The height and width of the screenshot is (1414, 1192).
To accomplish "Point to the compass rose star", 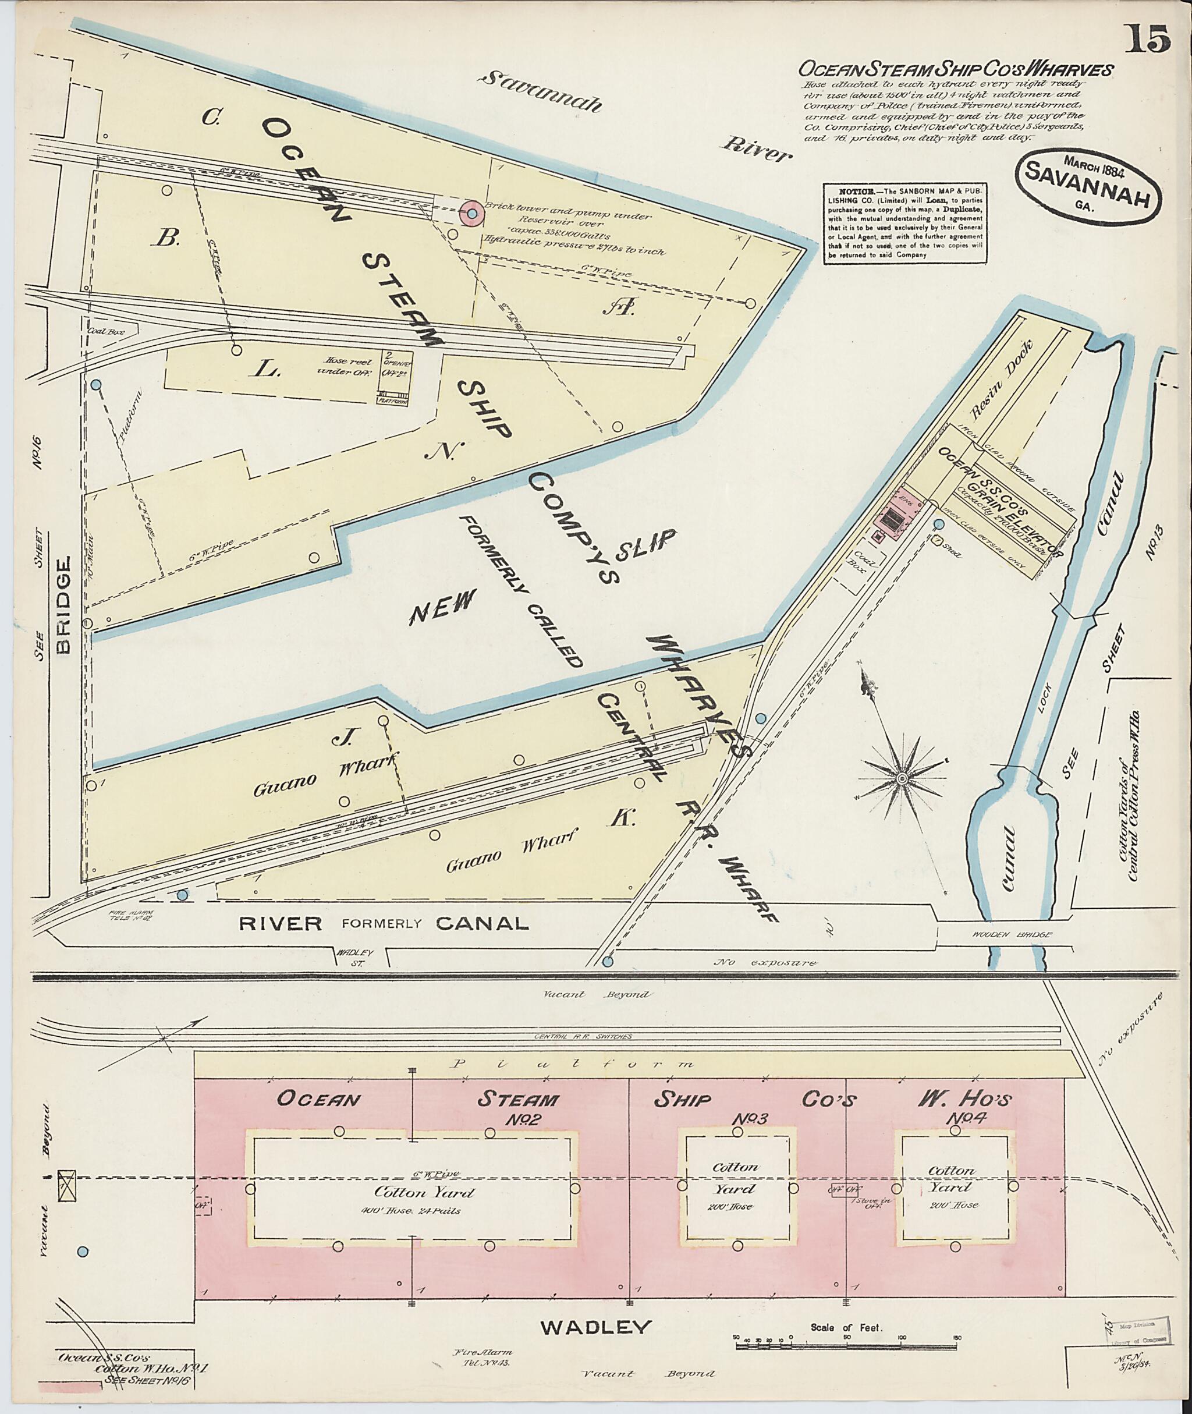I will (902, 779).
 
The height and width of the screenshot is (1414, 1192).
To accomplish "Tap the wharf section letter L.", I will (264, 368).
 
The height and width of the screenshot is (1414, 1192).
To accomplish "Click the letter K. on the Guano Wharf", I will (622, 819).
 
